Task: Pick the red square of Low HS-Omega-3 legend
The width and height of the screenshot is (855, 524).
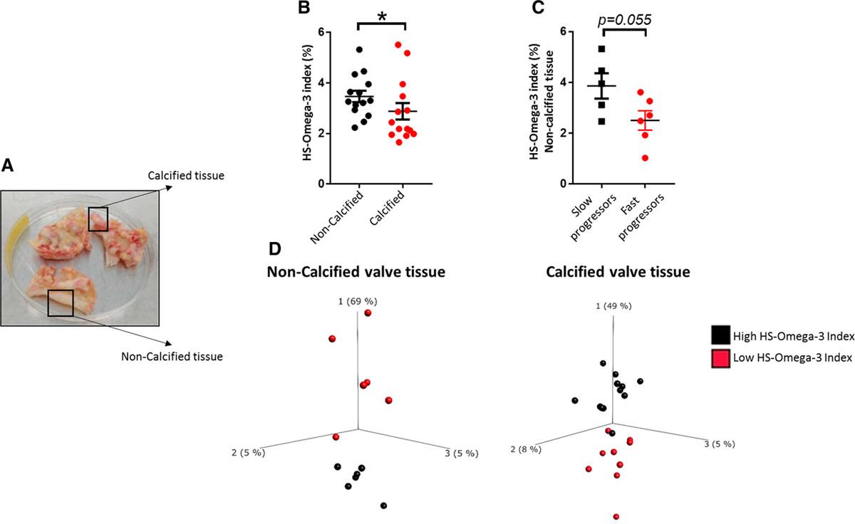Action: point(718,360)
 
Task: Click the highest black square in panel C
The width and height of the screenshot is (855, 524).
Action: point(601,49)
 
